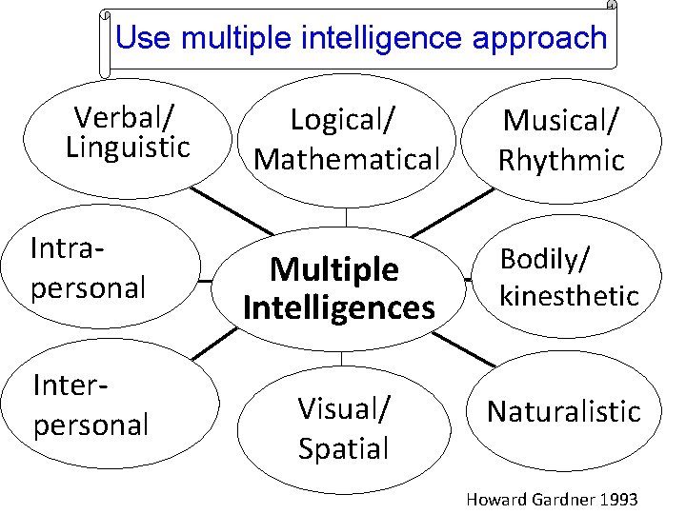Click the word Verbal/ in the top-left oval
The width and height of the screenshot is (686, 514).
coord(124,118)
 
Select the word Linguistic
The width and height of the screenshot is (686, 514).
coord(129,148)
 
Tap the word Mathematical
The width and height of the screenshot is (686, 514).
coord(347,159)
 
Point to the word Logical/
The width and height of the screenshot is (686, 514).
coord(343,120)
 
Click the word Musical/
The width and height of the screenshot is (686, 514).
coord(561,120)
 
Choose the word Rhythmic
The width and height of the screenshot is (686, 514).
coord(561,159)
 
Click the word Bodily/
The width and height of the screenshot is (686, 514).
coord(546,257)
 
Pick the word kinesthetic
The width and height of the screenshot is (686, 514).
coord(569,295)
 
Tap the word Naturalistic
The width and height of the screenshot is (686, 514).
coord(564,411)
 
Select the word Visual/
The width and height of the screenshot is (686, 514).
coord(343,408)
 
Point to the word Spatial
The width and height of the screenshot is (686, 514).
coord(343,447)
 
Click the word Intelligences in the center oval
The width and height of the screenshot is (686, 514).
coord(339,307)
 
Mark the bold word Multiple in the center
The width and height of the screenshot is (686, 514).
coord(334,269)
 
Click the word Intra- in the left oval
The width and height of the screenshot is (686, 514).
coord(68,248)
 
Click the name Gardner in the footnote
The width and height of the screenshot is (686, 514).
coord(555,500)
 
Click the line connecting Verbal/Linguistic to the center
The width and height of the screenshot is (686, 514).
coord(232,209)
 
